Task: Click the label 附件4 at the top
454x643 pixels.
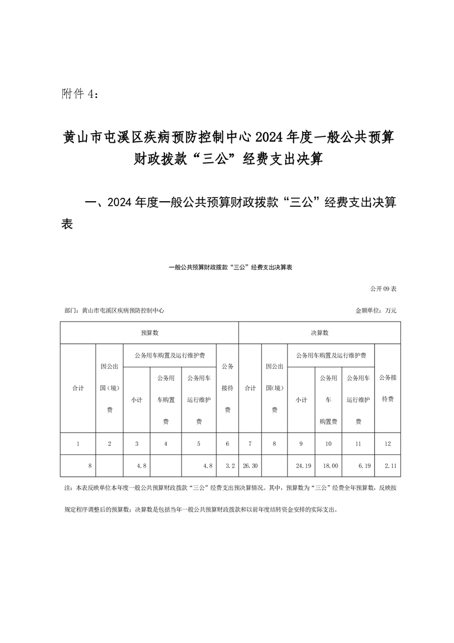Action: click(x=80, y=94)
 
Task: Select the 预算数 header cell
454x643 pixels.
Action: click(x=149, y=332)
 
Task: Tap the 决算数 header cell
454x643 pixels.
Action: click(x=319, y=332)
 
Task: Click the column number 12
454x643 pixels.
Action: click(x=388, y=443)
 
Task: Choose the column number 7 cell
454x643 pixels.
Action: click(x=250, y=443)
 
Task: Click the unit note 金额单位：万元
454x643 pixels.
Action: click(x=376, y=311)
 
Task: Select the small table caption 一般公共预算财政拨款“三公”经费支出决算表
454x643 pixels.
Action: click(x=231, y=267)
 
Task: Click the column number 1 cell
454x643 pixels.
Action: click(x=78, y=443)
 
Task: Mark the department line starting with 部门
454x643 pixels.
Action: click(x=115, y=311)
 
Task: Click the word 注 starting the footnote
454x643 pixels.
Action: click(x=64, y=489)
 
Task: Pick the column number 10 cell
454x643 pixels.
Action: click(x=328, y=443)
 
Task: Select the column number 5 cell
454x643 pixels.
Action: click(x=199, y=443)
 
